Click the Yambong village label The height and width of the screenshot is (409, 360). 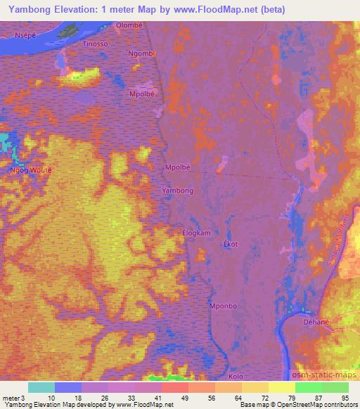tap(177, 190)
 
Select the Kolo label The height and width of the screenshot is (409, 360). tap(237, 377)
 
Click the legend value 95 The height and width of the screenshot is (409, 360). tap(345, 397)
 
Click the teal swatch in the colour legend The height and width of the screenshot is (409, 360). tap(41, 387)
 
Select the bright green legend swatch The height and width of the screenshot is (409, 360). tap(308, 387)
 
